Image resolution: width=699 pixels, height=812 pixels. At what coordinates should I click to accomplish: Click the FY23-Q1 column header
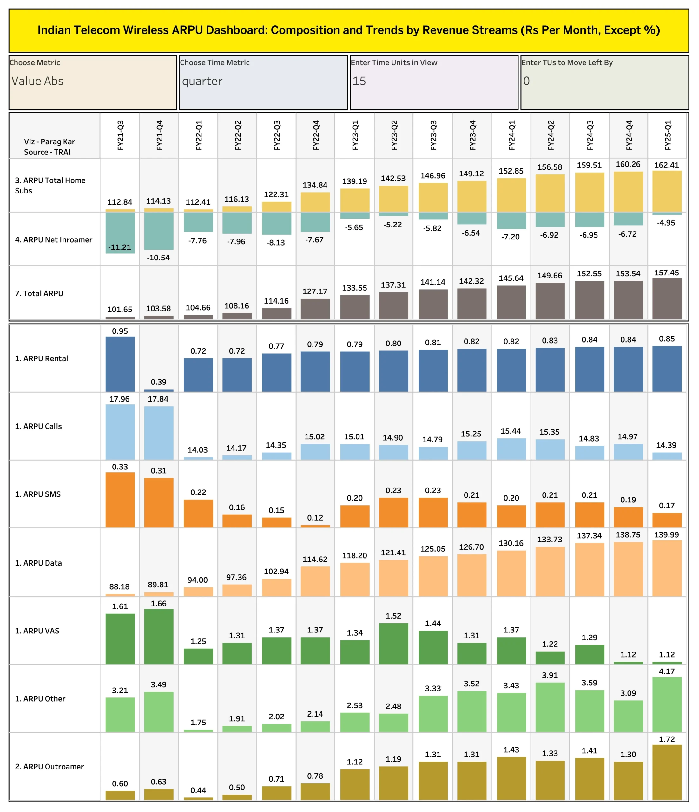355,135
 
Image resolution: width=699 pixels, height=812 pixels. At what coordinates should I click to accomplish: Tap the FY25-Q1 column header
668,135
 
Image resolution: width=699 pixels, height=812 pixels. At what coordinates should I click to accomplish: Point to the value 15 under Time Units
359,81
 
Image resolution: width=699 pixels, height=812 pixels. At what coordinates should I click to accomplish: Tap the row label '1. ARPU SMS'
38,494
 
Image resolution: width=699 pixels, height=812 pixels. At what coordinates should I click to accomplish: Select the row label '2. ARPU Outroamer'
49,767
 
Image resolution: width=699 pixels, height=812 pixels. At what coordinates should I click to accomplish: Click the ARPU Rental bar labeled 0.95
120,364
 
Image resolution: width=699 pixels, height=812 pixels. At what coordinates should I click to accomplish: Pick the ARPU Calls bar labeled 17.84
159,433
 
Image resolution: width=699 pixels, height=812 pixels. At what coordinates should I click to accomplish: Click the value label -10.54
158,258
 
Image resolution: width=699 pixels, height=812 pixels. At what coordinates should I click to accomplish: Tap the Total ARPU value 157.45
666,273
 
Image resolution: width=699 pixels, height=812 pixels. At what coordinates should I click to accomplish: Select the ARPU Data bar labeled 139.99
667,568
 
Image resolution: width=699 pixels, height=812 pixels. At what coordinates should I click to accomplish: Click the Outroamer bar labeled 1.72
667,772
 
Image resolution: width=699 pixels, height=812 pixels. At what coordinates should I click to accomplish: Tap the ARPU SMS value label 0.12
315,518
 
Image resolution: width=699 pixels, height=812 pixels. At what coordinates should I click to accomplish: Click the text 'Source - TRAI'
48,152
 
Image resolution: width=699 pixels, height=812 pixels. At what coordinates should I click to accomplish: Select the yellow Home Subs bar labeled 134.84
315,202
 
